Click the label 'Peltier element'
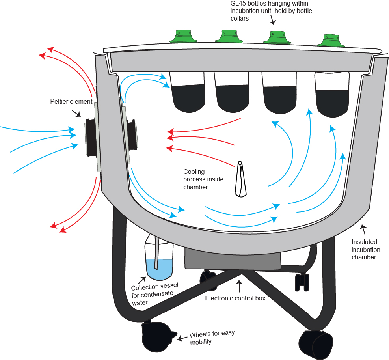(71, 102)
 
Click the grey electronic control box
(233, 259)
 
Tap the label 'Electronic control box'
(235, 298)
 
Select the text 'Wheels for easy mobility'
(212, 337)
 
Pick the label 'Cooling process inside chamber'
(203, 179)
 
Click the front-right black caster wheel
(316, 345)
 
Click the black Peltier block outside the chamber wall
(91, 137)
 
